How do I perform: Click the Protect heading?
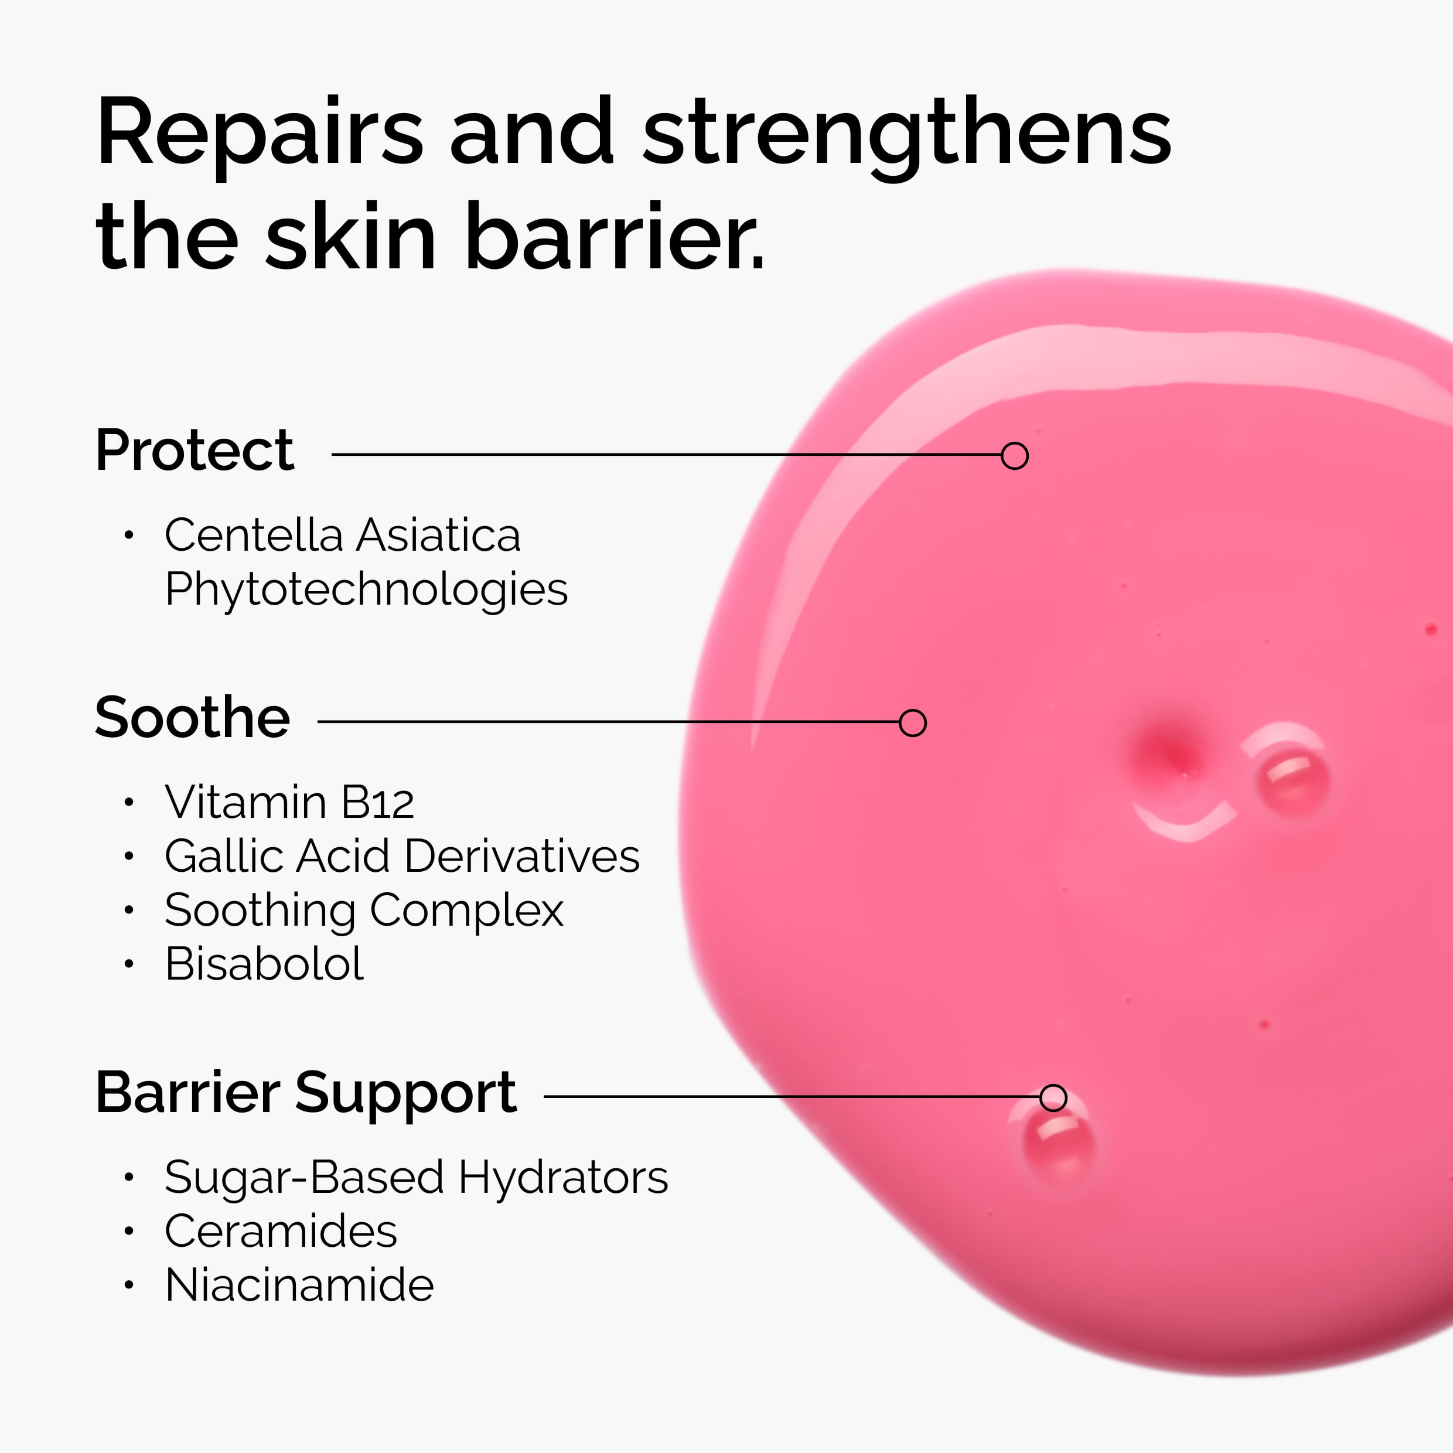tap(195, 451)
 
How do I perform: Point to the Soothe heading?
tap(193, 718)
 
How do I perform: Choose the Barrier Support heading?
tap(306, 1093)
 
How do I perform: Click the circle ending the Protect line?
tap(1015, 456)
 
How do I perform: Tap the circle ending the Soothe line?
tap(912, 723)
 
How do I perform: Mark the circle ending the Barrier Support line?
tap(1053, 1097)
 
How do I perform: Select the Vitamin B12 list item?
tap(289, 803)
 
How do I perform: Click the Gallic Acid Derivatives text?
tap(403, 857)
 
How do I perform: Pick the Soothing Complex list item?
tap(364, 910)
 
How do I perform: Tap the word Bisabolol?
tap(265, 964)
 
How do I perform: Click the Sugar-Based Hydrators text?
tap(416, 1178)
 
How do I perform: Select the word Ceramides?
tap(281, 1231)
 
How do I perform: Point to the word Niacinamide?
tap(299, 1285)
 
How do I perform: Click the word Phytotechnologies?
tap(366, 589)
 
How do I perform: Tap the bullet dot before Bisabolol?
tap(129, 964)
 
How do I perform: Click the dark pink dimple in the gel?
tap(1170, 754)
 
